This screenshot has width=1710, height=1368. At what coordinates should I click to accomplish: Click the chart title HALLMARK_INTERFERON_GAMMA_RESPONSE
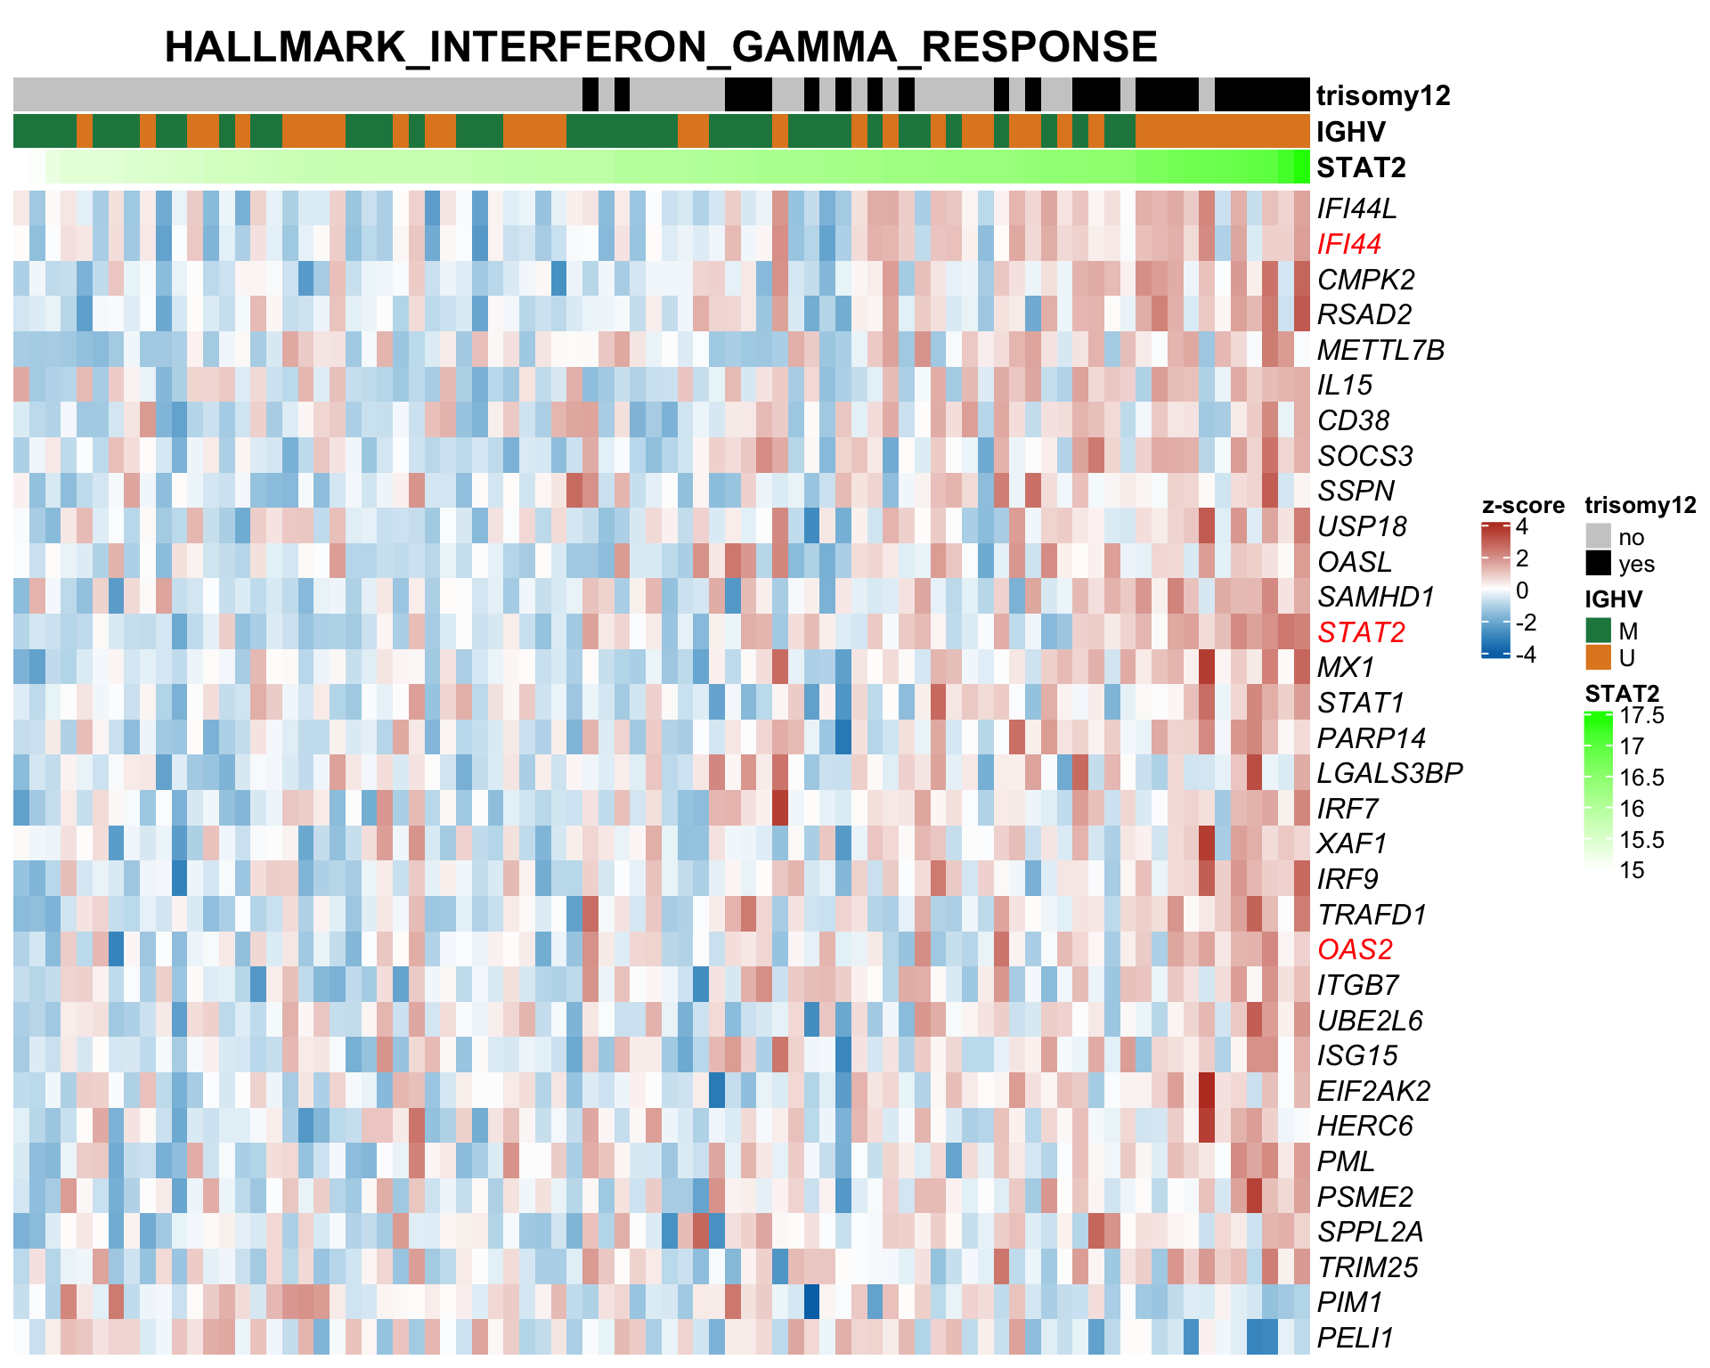pos(660,46)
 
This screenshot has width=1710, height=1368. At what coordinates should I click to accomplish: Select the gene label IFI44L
pos(1356,208)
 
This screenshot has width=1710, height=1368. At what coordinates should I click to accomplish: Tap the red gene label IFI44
pos(1348,244)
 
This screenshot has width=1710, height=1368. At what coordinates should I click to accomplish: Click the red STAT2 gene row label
pos(1361,632)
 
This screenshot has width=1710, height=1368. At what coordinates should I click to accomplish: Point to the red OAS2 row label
pos(1355,949)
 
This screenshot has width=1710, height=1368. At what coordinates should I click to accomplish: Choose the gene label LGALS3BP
pos(1389,773)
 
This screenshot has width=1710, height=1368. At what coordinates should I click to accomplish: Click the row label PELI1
pos(1354,1338)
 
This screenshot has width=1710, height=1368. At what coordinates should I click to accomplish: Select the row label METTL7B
pos(1380,350)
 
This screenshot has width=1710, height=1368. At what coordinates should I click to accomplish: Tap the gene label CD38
pos(1353,420)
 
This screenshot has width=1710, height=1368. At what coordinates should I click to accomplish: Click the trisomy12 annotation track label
pos(1383,95)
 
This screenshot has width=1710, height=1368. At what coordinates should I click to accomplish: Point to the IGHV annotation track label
pos(1350,132)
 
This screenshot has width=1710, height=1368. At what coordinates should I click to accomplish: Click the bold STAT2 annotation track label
pos(1361,167)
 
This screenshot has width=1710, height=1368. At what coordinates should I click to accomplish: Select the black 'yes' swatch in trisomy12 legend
pos(1599,564)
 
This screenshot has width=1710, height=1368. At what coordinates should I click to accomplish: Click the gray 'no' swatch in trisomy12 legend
pos(1599,536)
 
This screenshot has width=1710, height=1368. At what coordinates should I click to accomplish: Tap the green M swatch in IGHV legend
pos(1599,631)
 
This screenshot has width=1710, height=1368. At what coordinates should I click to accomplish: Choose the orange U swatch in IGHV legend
pos(1599,657)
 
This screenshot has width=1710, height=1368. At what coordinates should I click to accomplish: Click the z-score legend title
pos(1523,505)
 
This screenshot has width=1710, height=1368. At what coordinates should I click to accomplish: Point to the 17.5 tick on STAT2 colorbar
pos(1641,715)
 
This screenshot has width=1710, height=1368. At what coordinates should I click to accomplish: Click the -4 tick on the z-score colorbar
pos(1527,655)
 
